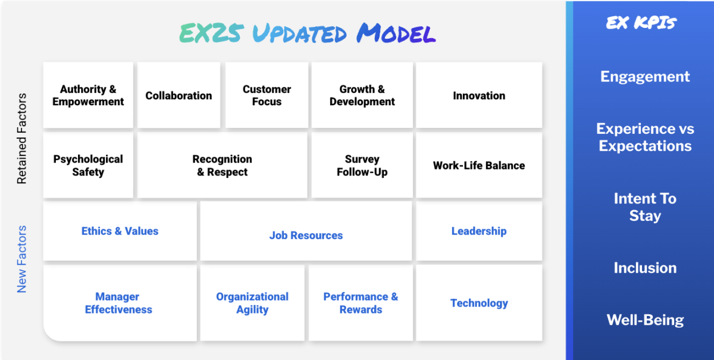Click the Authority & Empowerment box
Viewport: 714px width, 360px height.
click(x=88, y=95)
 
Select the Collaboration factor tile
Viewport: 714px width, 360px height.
click(x=178, y=95)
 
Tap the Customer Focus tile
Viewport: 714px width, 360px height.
click(x=267, y=95)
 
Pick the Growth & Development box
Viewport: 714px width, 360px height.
click(x=362, y=95)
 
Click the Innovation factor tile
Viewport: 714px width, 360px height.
click(x=479, y=95)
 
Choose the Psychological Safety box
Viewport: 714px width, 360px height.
click(x=88, y=165)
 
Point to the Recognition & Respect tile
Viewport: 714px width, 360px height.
click(x=222, y=165)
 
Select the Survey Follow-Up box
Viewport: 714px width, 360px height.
click(x=362, y=165)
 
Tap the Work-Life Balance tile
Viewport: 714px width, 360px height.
click(x=479, y=165)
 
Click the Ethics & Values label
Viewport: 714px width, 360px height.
click(x=120, y=231)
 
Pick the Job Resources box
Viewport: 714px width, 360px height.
click(x=306, y=235)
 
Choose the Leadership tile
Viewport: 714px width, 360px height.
click(x=479, y=231)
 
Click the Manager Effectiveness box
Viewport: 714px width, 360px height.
click(x=119, y=303)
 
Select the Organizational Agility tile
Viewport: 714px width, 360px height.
click(x=252, y=303)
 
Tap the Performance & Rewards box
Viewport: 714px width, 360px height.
click(x=361, y=303)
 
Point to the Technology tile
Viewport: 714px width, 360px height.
click(x=479, y=303)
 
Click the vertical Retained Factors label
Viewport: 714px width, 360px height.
click(x=22, y=138)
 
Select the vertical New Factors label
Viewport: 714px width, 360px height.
click(x=22, y=259)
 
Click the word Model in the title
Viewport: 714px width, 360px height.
click(x=396, y=34)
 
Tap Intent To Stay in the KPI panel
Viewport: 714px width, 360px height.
click(x=645, y=206)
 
